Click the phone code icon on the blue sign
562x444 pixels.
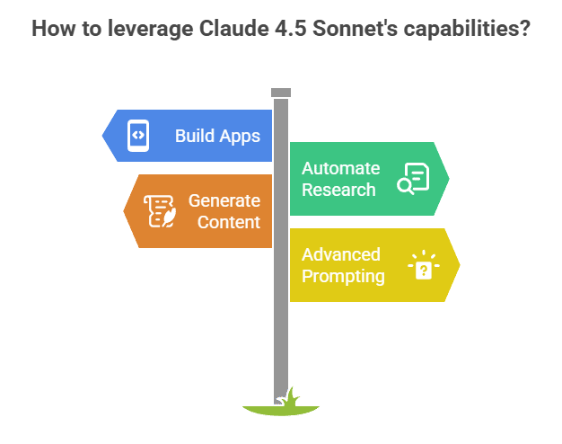point(138,136)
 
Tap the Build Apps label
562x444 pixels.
point(217,137)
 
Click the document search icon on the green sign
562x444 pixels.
point(414,179)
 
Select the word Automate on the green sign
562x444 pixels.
point(340,168)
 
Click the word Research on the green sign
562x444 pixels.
point(338,190)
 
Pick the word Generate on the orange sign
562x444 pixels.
point(224,200)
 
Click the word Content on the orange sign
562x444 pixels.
point(229,222)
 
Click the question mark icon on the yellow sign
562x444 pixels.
point(424,265)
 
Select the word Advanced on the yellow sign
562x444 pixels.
point(341,254)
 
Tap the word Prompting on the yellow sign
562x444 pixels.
point(344,276)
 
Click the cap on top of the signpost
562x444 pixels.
point(281,92)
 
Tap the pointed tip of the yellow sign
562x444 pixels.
point(460,264)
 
